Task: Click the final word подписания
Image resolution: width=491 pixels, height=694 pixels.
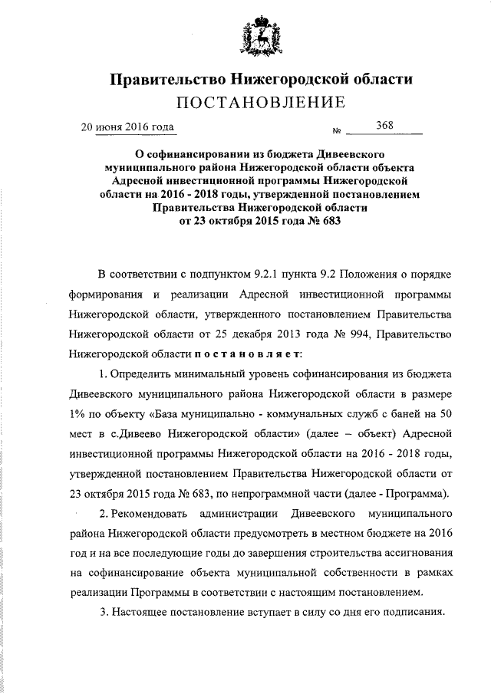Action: (x=417, y=613)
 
